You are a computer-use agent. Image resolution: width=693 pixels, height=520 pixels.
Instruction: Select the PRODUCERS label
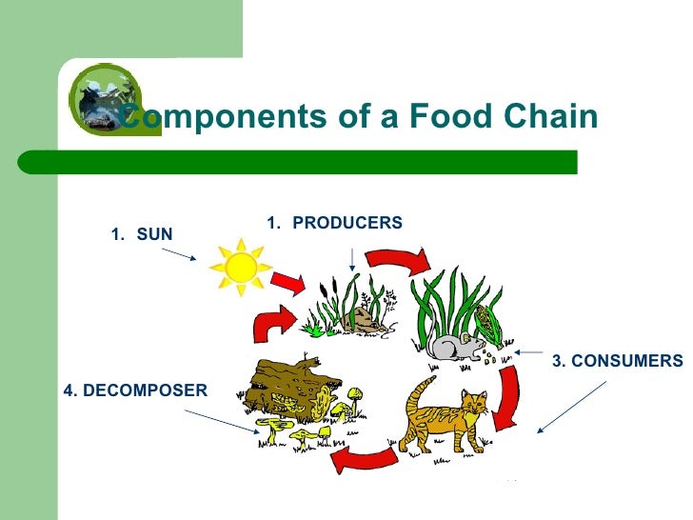pyautogui.click(x=346, y=223)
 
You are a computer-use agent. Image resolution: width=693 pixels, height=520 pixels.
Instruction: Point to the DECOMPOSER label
pyautogui.click(x=134, y=390)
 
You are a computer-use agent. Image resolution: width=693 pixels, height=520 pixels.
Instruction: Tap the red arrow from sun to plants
pyautogui.click(x=288, y=281)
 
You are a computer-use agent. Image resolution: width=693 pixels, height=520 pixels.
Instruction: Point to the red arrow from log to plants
pyautogui.click(x=270, y=324)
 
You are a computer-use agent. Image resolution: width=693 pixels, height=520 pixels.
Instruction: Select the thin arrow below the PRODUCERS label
pyautogui.click(x=353, y=254)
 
